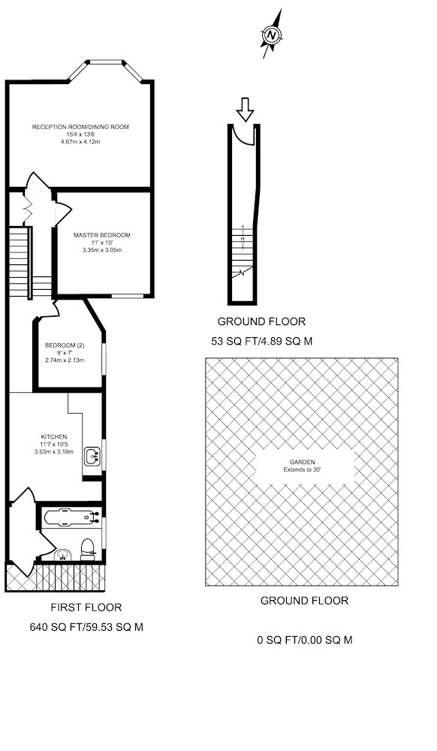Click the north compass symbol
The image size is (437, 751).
pos(271,35)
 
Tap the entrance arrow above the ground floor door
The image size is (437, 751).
pos(246,109)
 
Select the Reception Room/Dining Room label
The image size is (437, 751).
pos(80,127)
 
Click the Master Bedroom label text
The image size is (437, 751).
pos(102,235)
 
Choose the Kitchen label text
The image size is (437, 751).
pos(53,437)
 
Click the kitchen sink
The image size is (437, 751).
pos(92,456)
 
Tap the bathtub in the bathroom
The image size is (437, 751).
pos(71,517)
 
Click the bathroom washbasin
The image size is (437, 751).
pos(63,556)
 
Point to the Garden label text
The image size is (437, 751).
pos(302,462)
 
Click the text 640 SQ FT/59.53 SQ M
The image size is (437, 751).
pos(86,627)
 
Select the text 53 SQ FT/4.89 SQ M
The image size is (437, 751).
pos(262,342)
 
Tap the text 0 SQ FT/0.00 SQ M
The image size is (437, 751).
pos(305,640)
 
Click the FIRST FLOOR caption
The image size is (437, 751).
pos(86,608)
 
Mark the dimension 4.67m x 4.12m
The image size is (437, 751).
pos(80,142)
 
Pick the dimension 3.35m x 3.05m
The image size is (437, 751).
pos(102,250)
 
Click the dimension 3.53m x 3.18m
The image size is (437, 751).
pos(53,451)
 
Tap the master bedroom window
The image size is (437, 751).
pos(128,297)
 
